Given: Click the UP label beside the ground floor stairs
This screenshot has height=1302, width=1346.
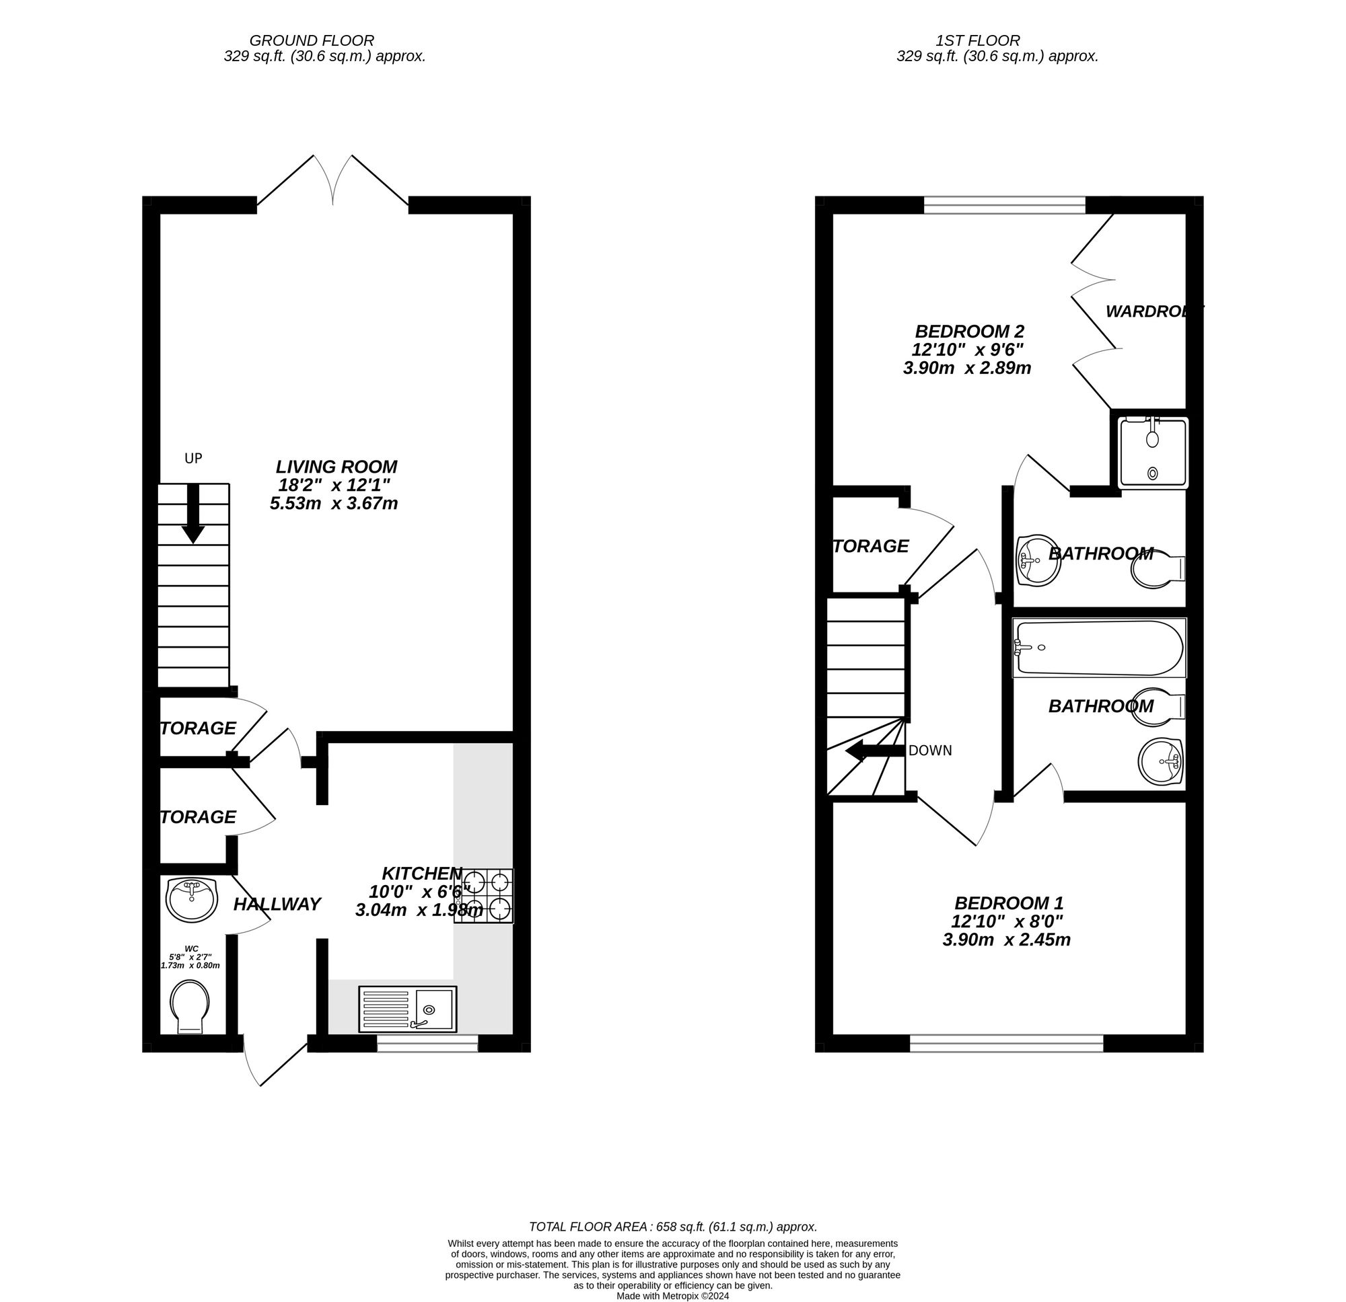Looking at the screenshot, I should [193, 458].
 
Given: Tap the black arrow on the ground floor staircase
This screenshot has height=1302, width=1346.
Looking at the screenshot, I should [193, 514].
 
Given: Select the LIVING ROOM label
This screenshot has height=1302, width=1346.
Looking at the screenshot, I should [336, 467].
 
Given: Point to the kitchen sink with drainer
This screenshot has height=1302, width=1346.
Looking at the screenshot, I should [407, 1009].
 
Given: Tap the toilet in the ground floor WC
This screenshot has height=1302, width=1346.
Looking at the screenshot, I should [190, 1006].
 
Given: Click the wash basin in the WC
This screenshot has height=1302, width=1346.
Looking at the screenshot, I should [192, 899].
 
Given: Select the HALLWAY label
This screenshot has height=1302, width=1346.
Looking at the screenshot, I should [277, 904].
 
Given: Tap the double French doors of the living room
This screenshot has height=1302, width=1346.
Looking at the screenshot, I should [333, 182].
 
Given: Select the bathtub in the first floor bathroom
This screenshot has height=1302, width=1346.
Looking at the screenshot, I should [1099, 648].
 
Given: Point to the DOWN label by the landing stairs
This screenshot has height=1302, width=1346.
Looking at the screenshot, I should [930, 751].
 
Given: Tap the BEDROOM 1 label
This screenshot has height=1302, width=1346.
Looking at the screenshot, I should [1005, 903].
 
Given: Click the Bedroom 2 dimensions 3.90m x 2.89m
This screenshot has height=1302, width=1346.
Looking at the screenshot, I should [966, 368].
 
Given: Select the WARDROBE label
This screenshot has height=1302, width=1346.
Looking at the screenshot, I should [1154, 311].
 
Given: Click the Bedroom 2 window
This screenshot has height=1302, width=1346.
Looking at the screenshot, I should [1004, 204].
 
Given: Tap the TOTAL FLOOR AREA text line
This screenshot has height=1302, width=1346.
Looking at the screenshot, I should [672, 1227].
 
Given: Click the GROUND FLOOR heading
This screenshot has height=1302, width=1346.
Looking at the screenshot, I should [311, 40].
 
